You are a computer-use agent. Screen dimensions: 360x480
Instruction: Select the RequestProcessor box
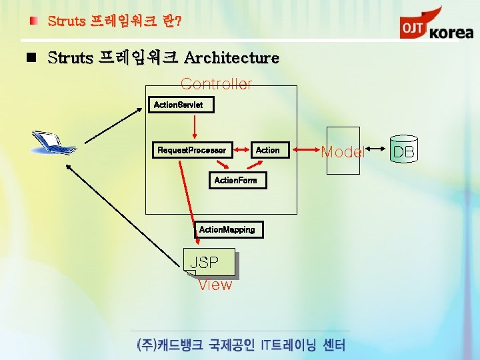(x=191, y=150)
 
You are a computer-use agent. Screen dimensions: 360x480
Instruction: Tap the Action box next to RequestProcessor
(x=267, y=150)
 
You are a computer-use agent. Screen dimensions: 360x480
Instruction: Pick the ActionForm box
(x=235, y=181)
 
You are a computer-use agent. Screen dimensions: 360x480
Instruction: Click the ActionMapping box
(x=227, y=229)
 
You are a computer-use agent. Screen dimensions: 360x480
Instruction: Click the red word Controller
(x=216, y=84)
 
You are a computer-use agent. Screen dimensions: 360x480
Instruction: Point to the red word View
(x=215, y=285)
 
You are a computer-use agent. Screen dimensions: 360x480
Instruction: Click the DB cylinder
(x=403, y=152)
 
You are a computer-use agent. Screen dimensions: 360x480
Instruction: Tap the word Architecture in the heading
(x=231, y=58)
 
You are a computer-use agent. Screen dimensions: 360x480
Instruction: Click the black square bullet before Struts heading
(x=30, y=57)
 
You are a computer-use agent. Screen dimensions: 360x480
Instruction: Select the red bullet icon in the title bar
(x=34, y=21)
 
